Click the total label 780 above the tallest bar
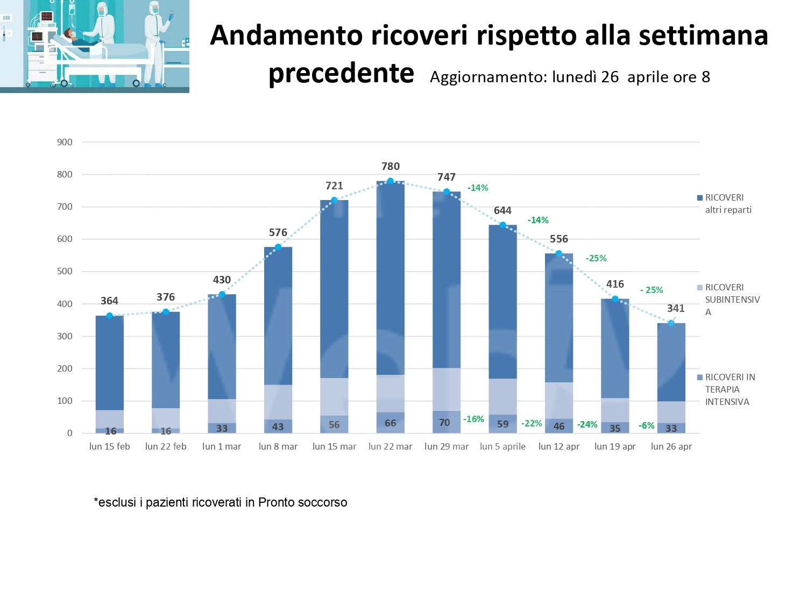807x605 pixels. [391, 167]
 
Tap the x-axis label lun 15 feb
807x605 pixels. [110, 446]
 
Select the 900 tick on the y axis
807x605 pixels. [65, 142]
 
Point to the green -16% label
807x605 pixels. [473, 419]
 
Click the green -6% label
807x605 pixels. [646, 425]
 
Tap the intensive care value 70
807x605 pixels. [444, 423]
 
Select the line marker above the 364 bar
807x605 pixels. [110, 316]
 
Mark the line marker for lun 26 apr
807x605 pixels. [671, 323]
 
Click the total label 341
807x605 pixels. [676, 308]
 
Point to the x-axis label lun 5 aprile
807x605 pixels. [502, 446]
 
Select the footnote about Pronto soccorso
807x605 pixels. [221, 502]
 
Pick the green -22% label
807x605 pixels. [532, 423]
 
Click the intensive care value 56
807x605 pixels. [334, 424]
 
